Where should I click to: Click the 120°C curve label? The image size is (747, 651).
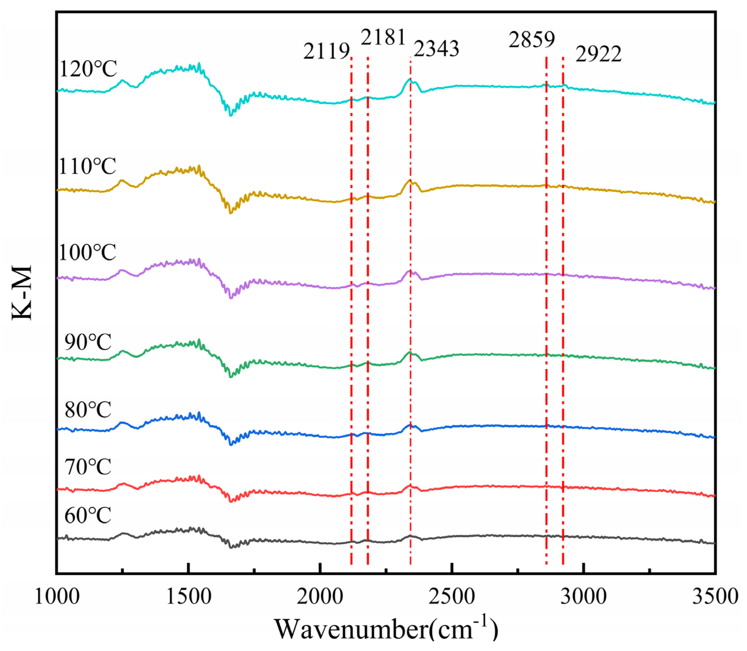point(88,69)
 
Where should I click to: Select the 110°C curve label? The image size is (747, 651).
point(87,167)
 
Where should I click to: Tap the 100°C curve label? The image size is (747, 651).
point(87,252)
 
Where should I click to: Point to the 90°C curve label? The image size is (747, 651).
point(88,342)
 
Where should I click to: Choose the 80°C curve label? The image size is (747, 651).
point(88,410)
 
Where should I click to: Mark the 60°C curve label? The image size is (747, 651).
point(88,516)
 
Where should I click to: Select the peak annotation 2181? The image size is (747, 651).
point(383,38)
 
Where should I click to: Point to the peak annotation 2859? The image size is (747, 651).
point(532,40)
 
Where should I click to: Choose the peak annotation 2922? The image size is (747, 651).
point(598,55)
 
